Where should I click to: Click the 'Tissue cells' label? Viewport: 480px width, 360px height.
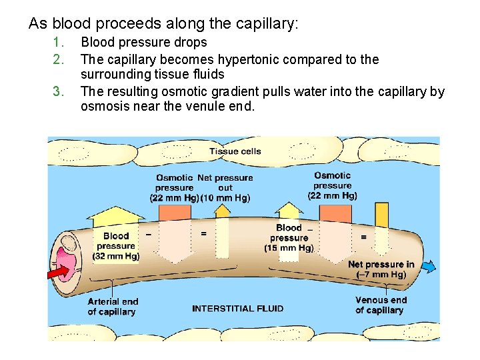point(235,151)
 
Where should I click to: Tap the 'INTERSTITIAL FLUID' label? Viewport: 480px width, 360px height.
point(238,308)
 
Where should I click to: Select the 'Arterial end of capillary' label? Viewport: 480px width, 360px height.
point(112,307)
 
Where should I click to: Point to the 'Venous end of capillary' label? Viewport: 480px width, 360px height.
point(380,305)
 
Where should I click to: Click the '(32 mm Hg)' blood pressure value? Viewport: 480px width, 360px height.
point(116,256)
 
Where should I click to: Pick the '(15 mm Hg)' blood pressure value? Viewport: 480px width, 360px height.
point(289,248)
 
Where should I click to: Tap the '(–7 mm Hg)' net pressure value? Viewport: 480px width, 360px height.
point(381,275)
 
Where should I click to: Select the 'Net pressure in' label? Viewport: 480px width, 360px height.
point(381,264)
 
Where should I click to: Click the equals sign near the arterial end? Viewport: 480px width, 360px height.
point(203,233)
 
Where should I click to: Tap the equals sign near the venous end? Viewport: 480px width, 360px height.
point(363,236)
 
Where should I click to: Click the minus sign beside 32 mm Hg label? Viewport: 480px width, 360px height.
point(148,234)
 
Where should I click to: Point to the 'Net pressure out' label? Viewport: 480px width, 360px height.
point(225,183)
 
